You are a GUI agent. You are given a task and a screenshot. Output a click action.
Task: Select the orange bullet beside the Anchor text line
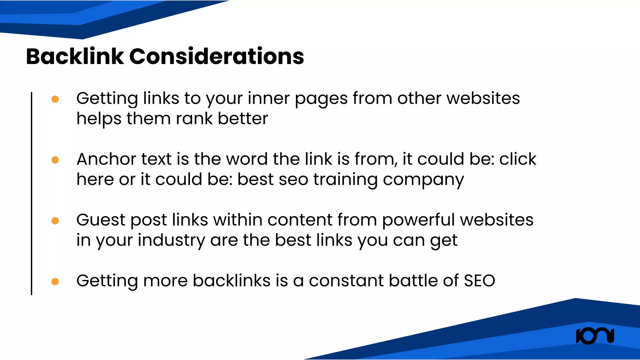55,160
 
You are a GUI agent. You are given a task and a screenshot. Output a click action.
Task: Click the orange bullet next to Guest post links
55,221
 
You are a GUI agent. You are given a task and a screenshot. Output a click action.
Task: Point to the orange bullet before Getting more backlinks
55,282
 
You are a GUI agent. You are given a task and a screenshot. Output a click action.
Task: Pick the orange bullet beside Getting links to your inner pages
55,99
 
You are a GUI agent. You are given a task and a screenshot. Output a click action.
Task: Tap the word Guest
101,220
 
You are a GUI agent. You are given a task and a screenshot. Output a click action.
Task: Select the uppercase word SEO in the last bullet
479,281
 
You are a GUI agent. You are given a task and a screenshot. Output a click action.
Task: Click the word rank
194,119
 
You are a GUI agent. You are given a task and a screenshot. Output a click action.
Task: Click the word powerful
418,220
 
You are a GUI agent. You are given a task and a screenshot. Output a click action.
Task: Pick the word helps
99,119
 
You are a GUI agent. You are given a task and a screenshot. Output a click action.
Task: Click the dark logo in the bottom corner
595,336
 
